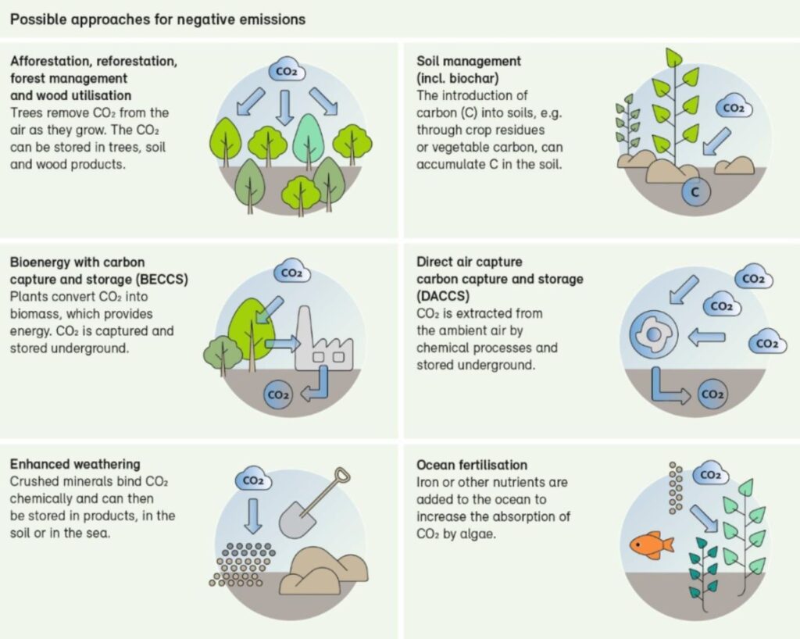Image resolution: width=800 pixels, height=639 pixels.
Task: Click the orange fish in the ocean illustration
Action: (652, 545)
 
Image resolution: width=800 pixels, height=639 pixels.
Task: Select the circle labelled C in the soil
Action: (696, 192)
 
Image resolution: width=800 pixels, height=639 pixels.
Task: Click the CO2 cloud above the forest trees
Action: (287, 72)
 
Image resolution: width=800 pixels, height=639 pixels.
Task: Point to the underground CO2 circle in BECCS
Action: (279, 394)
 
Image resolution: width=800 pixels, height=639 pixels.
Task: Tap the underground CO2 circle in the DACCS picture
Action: (712, 394)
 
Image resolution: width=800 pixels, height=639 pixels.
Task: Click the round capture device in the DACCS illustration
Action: (654, 334)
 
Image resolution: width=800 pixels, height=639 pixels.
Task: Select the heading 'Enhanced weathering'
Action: (75, 464)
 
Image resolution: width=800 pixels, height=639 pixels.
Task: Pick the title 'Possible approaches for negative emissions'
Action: (158, 20)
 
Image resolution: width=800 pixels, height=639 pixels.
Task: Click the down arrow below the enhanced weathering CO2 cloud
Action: (253, 516)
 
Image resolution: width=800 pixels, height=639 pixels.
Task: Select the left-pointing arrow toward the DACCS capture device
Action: (706, 337)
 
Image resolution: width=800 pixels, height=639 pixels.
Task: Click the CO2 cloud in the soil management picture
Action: (734, 108)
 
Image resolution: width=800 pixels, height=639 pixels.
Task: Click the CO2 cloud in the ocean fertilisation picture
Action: (711, 474)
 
